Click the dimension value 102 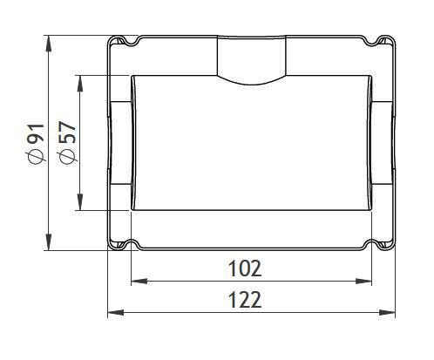click(245, 268)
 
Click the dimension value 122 click(245, 300)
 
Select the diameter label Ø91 click(37, 144)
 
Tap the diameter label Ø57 click(68, 144)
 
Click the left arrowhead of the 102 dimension click(139, 282)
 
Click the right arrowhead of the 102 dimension click(363, 282)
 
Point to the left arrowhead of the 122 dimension click(116, 313)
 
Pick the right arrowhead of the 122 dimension click(387, 313)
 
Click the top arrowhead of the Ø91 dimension click(49, 44)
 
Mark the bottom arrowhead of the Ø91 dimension click(49, 241)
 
